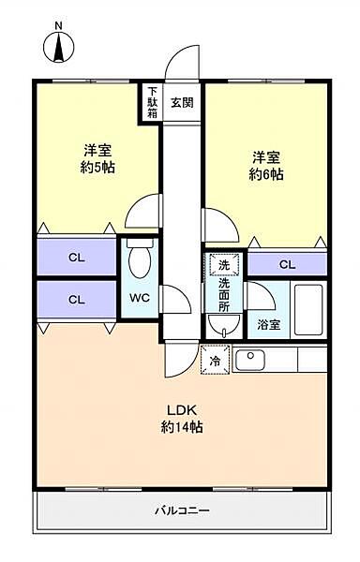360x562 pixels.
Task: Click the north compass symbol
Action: pos(59,43)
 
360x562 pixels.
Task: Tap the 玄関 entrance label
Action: pos(182,103)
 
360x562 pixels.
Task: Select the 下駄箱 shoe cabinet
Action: pos(151,103)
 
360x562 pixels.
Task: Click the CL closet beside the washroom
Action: pos(287,265)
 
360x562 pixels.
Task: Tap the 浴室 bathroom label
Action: pos(268,325)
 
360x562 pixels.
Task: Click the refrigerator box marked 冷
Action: pos(215,360)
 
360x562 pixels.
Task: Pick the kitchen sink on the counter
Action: pos(250,359)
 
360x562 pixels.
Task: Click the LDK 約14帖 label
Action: pos(184,418)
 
